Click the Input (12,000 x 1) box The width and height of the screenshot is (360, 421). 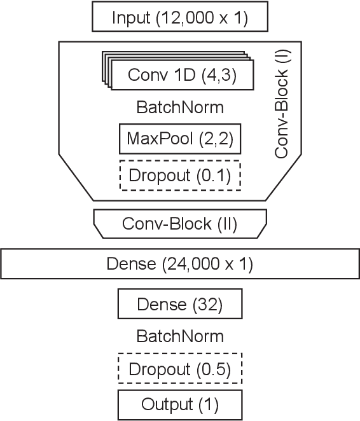click(x=180, y=17)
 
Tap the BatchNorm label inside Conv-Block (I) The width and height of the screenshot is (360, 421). click(x=180, y=107)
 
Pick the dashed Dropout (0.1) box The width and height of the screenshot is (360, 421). click(x=180, y=174)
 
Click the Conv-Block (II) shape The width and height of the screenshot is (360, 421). click(x=180, y=224)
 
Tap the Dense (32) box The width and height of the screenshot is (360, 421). click(x=180, y=305)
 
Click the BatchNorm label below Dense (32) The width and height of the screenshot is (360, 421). click(x=180, y=336)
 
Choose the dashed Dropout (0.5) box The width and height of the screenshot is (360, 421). click(x=180, y=369)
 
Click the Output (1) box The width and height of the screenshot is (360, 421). click(x=180, y=404)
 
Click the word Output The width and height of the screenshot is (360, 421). click(x=166, y=404)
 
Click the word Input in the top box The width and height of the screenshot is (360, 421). click(x=129, y=18)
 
